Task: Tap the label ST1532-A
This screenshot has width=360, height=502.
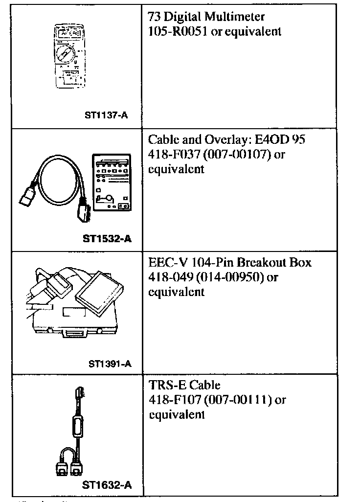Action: click(108, 239)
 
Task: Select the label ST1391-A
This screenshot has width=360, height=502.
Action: click(110, 364)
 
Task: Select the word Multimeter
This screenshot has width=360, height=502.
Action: click(235, 18)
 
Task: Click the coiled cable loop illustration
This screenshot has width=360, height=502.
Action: click(54, 181)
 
